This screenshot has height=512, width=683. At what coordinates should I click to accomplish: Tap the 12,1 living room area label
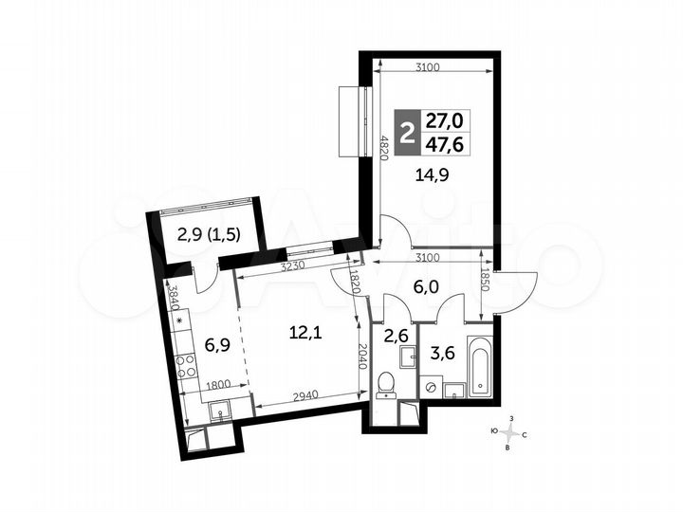(305, 334)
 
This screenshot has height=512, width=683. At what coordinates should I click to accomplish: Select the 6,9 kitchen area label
(217, 345)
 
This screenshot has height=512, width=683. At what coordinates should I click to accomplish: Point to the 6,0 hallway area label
(426, 287)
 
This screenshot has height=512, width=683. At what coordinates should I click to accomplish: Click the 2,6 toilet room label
(395, 336)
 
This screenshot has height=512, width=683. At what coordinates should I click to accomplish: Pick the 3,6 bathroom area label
(442, 352)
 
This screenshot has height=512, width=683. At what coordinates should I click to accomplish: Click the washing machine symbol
(432, 387)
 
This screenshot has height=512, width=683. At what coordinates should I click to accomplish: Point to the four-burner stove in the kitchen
(186, 366)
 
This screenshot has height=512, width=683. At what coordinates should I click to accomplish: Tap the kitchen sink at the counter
(221, 411)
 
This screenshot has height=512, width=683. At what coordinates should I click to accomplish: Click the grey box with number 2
(407, 133)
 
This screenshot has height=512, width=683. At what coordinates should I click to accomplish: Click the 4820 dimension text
(383, 147)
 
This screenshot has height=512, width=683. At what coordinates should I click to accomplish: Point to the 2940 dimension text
(306, 395)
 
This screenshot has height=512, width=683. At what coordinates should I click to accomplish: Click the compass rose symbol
(508, 433)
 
